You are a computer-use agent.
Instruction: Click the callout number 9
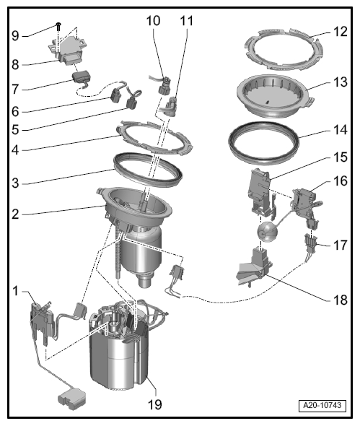point(15,35)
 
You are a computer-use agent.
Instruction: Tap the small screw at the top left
point(58,26)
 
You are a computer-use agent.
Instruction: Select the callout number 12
point(341,32)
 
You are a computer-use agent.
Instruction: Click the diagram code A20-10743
point(322,406)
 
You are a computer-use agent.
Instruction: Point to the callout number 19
point(155,404)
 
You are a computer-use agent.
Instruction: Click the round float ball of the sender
point(268,232)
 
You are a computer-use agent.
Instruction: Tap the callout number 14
point(341,130)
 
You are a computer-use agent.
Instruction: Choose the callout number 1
point(16,291)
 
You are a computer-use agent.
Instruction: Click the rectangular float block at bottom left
point(71,399)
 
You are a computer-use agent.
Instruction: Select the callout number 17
point(341,245)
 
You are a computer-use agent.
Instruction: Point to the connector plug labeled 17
point(310,244)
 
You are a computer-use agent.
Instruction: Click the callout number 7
point(15,89)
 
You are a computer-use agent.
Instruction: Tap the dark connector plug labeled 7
point(81,77)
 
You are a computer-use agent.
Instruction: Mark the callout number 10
point(154,21)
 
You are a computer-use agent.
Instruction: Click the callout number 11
point(187,21)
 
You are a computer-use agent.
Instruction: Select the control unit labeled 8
point(69,49)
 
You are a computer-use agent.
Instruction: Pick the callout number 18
point(341,300)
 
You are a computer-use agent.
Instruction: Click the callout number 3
point(15,183)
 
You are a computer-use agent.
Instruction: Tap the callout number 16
point(341,181)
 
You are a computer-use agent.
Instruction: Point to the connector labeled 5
point(133,101)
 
